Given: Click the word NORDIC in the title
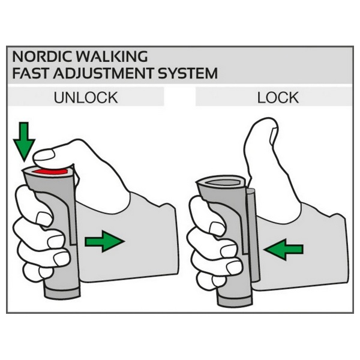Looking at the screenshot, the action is coord(42,56).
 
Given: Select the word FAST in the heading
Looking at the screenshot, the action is coord(31,73).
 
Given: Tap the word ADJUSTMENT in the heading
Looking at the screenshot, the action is coord(103,73).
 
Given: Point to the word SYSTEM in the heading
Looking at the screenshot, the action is coord(188,73).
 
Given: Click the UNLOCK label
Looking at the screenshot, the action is coord(86,98).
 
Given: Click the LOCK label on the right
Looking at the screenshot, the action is coord(278,98).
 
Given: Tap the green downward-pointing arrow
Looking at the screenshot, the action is coord(24,140).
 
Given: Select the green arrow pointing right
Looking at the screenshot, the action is coord(104,242).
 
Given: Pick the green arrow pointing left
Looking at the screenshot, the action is coord(284,249).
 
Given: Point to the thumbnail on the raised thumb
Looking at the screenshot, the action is coord(274,136).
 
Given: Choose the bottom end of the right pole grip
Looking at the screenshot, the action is coord(235,301).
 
